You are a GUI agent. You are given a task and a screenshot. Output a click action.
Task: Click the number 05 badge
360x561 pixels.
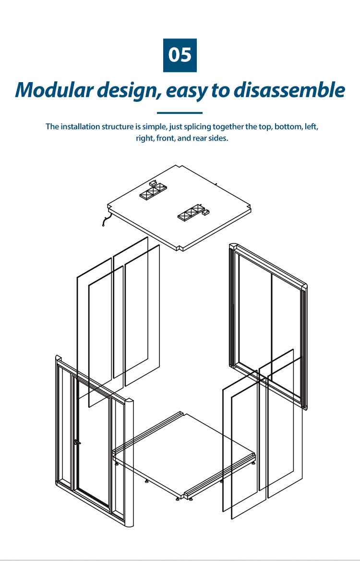pyautogui.click(x=180, y=55)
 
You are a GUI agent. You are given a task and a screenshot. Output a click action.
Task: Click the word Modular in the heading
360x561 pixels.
pyautogui.click(x=54, y=90)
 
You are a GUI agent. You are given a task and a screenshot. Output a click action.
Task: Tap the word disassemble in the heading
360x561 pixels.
pyautogui.click(x=289, y=90)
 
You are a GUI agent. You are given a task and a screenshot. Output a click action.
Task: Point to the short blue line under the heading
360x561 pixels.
pyautogui.click(x=180, y=113)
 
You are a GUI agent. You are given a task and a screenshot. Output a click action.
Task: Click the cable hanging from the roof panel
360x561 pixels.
pyautogui.click(x=106, y=221)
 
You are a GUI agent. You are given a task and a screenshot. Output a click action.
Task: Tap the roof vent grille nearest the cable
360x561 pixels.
pyautogui.click(x=153, y=191)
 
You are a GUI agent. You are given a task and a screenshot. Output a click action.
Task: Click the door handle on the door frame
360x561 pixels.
pyautogui.click(x=76, y=442)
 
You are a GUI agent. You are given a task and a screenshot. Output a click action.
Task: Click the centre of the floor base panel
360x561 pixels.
pyautogui.click(x=184, y=454)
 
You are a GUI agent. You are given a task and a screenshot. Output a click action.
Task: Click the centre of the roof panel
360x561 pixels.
pyautogui.click(x=179, y=207)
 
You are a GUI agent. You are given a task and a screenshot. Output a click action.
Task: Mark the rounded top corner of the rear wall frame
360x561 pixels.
pyautogui.click(x=304, y=287)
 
